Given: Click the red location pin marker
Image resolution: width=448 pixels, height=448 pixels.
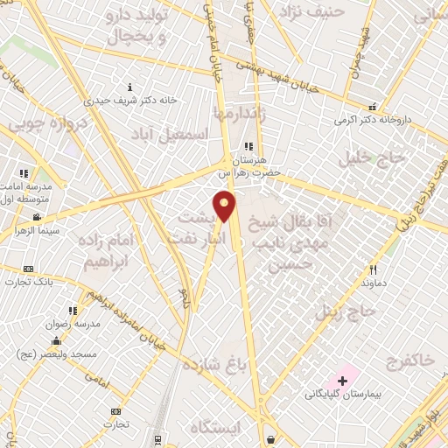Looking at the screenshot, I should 225,206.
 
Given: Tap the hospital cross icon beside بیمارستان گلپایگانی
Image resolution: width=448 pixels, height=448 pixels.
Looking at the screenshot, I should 342,380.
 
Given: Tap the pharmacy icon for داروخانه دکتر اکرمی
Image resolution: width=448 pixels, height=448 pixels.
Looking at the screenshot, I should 373,106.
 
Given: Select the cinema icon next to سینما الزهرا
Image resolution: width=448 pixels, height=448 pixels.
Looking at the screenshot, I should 37,217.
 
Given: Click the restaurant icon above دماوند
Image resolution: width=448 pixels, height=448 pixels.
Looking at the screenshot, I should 373,270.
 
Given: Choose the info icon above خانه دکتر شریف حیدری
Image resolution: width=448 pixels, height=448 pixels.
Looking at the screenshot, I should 130,87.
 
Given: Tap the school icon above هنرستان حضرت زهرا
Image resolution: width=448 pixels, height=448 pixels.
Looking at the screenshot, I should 248,146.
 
